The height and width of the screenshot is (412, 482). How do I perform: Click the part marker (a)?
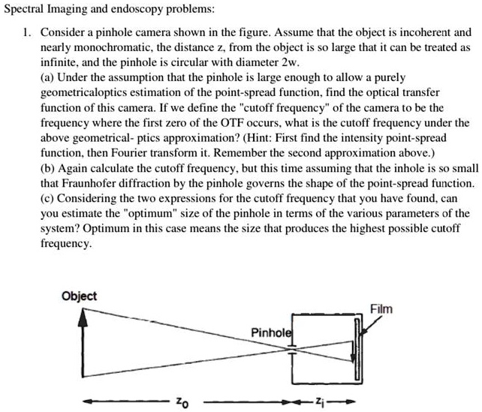coord(48,77)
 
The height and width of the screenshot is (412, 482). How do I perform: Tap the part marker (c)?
coord(48,198)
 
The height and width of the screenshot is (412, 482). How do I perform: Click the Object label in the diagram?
coord(79,296)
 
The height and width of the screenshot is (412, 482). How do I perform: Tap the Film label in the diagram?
coord(381,309)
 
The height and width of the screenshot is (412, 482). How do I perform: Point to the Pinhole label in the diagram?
coord(272,332)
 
